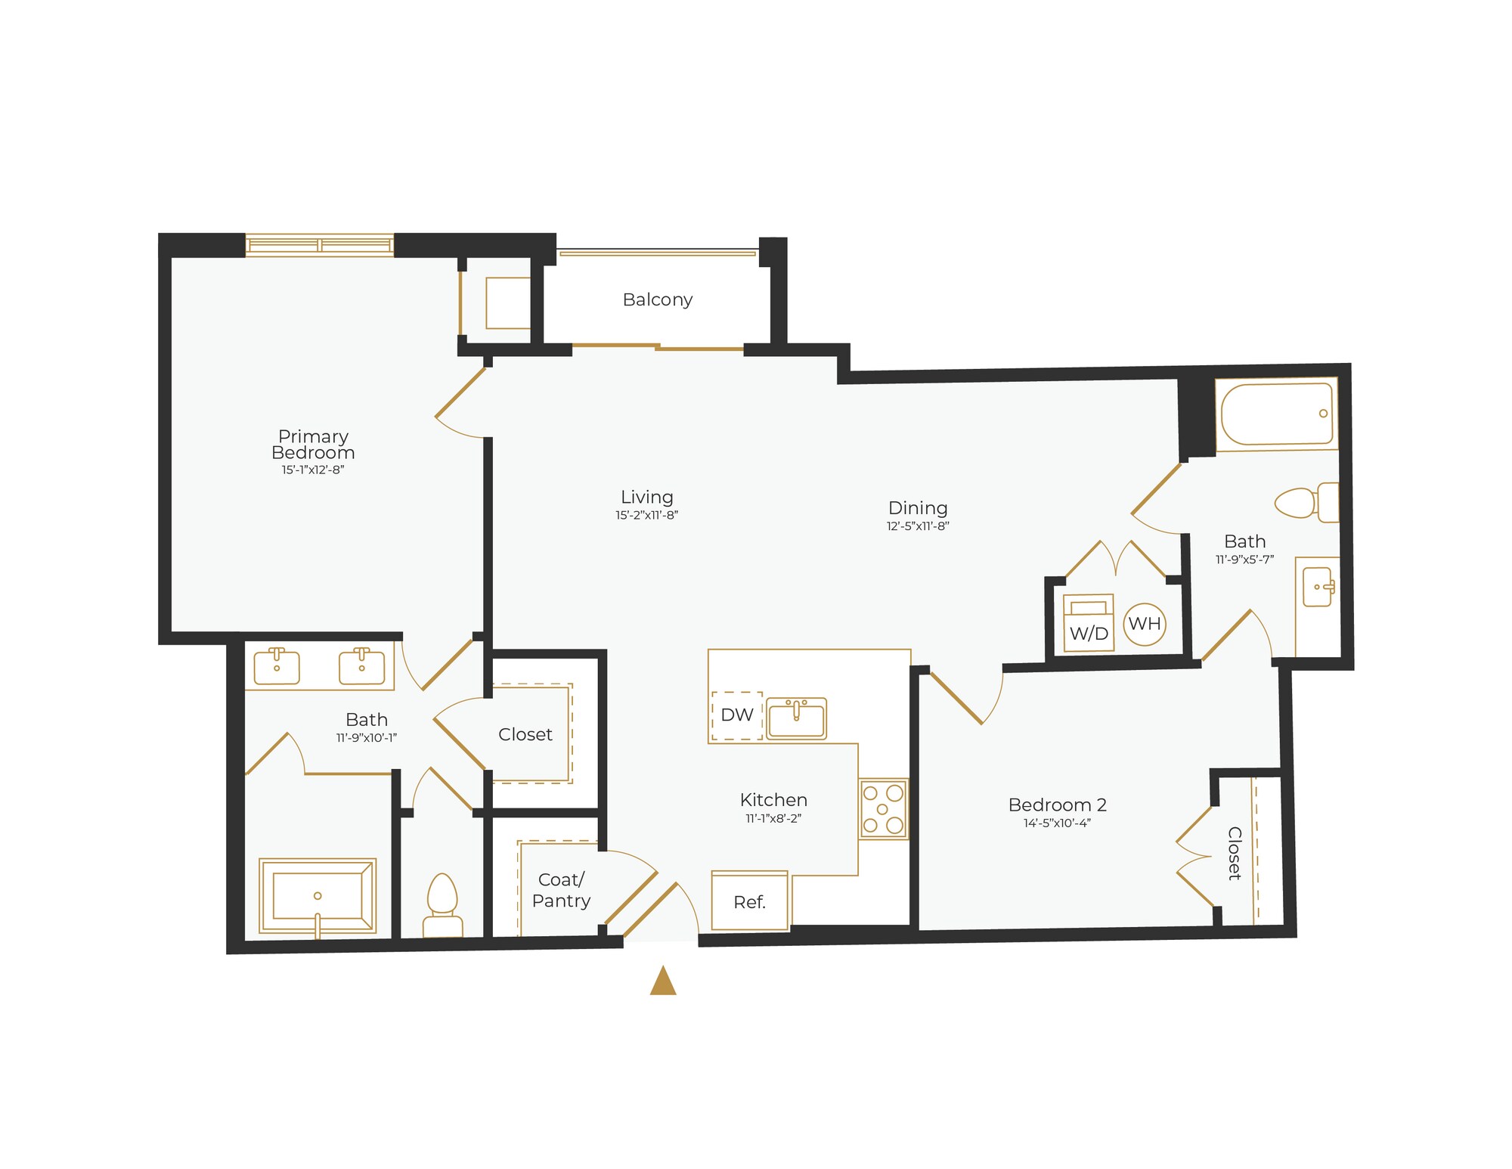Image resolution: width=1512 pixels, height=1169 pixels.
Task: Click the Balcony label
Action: click(657, 299)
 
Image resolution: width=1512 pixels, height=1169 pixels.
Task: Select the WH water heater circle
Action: click(1145, 624)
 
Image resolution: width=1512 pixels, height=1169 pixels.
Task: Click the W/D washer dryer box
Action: click(1089, 623)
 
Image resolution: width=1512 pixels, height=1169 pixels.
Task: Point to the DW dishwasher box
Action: click(737, 715)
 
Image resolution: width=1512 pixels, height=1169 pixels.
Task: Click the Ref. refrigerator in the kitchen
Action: click(750, 901)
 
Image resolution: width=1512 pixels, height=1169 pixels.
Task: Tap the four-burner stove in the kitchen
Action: click(883, 809)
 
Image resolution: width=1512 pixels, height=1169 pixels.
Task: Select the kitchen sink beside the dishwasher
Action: click(797, 718)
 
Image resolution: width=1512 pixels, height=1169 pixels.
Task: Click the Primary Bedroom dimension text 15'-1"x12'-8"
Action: click(313, 470)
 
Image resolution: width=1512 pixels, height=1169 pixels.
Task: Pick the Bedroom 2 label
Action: click(1057, 805)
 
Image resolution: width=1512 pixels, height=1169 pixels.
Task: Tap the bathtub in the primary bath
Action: click(318, 896)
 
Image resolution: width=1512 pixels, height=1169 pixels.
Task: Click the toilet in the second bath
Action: click(1306, 502)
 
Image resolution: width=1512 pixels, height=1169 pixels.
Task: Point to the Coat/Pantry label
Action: click(561, 890)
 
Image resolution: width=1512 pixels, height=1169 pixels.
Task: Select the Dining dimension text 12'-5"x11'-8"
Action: click(918, 526)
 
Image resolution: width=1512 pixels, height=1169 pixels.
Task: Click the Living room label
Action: click(646, 497)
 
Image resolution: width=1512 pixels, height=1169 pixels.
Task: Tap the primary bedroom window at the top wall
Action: click(319, 245)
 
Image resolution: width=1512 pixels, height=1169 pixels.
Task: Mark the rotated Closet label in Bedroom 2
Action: click(1234, 853)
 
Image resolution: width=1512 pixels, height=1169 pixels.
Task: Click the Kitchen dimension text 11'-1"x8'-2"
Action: click(773, 818)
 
